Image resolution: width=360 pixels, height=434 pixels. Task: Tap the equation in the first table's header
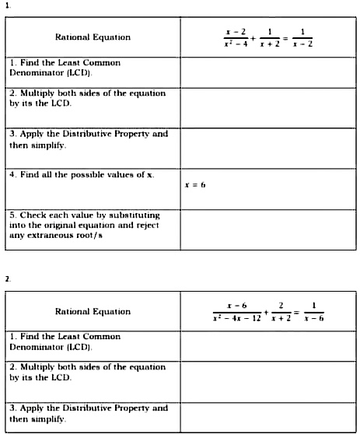click(267, 37)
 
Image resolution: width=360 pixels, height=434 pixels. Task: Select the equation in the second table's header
click(267, 311)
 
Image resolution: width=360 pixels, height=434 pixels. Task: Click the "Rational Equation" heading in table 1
click(93, 37)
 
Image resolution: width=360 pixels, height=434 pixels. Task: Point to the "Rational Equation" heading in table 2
click(93, 311)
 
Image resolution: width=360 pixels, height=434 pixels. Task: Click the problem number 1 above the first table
click(7, 5)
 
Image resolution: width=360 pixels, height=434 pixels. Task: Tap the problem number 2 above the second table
click(7, 278)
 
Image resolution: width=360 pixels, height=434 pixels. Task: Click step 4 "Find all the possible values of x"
click(82, 174)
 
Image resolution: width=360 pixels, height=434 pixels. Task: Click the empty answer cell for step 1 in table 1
click(267, 72)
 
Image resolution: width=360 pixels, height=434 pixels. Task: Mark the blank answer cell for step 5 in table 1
click(267, 229)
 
